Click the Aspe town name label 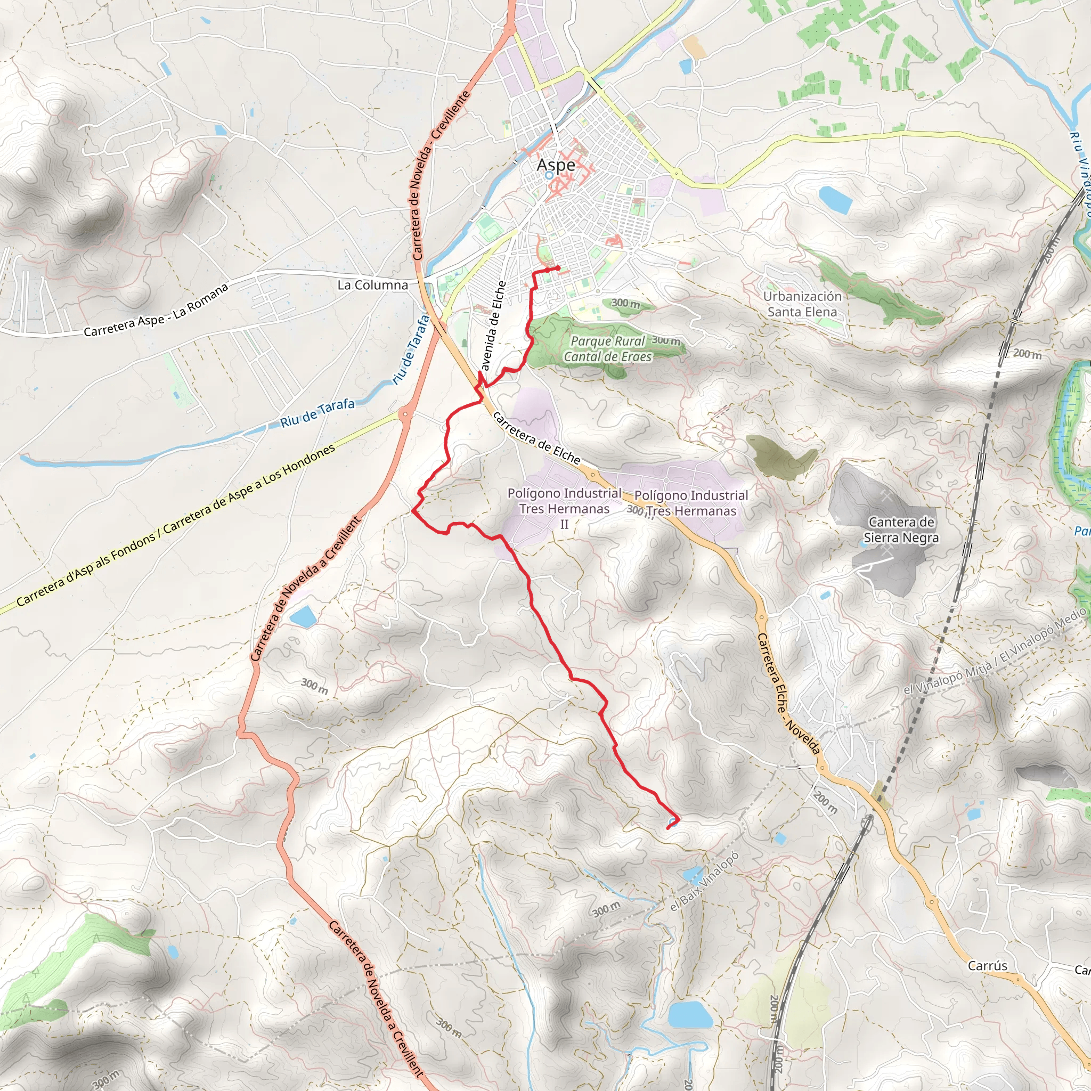pos(556,165)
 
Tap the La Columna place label pos(372,285)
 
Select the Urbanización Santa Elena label pos(802,304)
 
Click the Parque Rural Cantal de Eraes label pos(608,349)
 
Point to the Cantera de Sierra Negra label pos(901,530)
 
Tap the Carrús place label pos(987,966)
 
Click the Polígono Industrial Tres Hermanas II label pos(564,508)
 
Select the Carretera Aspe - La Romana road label pos(156,310)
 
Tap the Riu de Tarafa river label pos(317,413)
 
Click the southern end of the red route pos(668,828)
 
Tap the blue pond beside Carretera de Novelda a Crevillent pos(303,617)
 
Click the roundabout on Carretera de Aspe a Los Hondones pos(405,414)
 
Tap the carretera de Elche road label pos(536,438)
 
